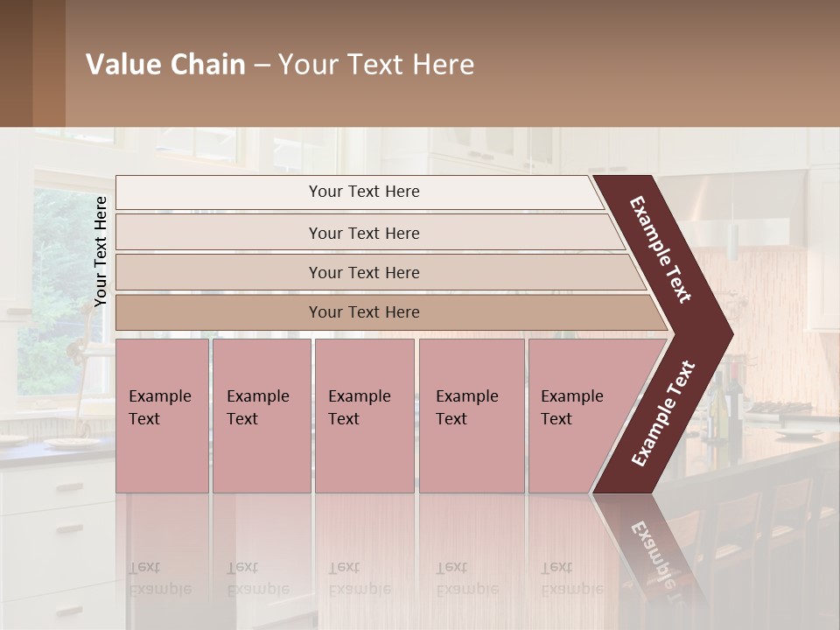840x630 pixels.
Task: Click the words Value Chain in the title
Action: [165, 65]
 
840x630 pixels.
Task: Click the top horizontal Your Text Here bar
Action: [364, 192]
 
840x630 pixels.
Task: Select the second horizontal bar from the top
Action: [364, 233]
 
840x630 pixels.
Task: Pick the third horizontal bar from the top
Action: [364, 273]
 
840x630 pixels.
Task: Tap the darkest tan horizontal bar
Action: [364, 312]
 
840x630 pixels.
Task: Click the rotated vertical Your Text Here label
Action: [101, 251]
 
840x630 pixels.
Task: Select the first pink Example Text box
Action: [162, 416]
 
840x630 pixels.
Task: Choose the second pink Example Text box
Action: [262, 416]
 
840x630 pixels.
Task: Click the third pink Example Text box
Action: [364, 416]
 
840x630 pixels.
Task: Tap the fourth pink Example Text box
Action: [472, 416]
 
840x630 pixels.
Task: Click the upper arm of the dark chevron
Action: [661, 249]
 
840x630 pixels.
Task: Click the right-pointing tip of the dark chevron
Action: [723, 333]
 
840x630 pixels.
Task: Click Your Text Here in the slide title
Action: [375, 65]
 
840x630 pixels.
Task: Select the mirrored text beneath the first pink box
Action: [160, 577]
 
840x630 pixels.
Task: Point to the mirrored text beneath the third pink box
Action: [359, 577]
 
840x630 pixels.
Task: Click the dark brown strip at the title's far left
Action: [17, 63]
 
